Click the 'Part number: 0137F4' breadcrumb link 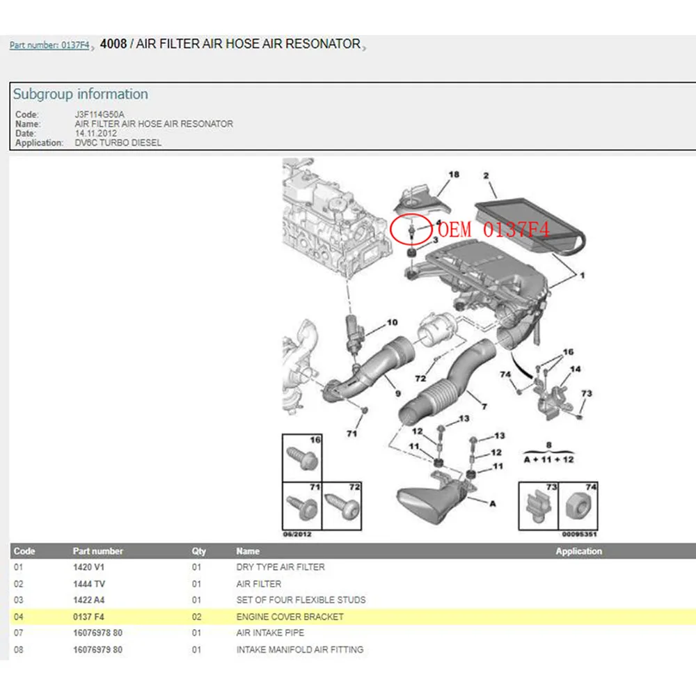coord(49,46)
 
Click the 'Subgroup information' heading coord(81,94)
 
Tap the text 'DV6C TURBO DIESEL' coord(118,143)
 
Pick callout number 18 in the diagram coord(454,175)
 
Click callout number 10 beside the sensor coord(393,322)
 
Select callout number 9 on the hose coord(398,394)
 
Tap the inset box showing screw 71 coord(301,504)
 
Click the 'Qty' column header coord(199,551)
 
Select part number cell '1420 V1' coord(88,567)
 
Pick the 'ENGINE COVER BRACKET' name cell coord(290,617)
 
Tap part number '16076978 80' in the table coord(97,633)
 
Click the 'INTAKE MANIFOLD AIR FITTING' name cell coord(299,649)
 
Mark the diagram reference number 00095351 coord(579,535)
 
